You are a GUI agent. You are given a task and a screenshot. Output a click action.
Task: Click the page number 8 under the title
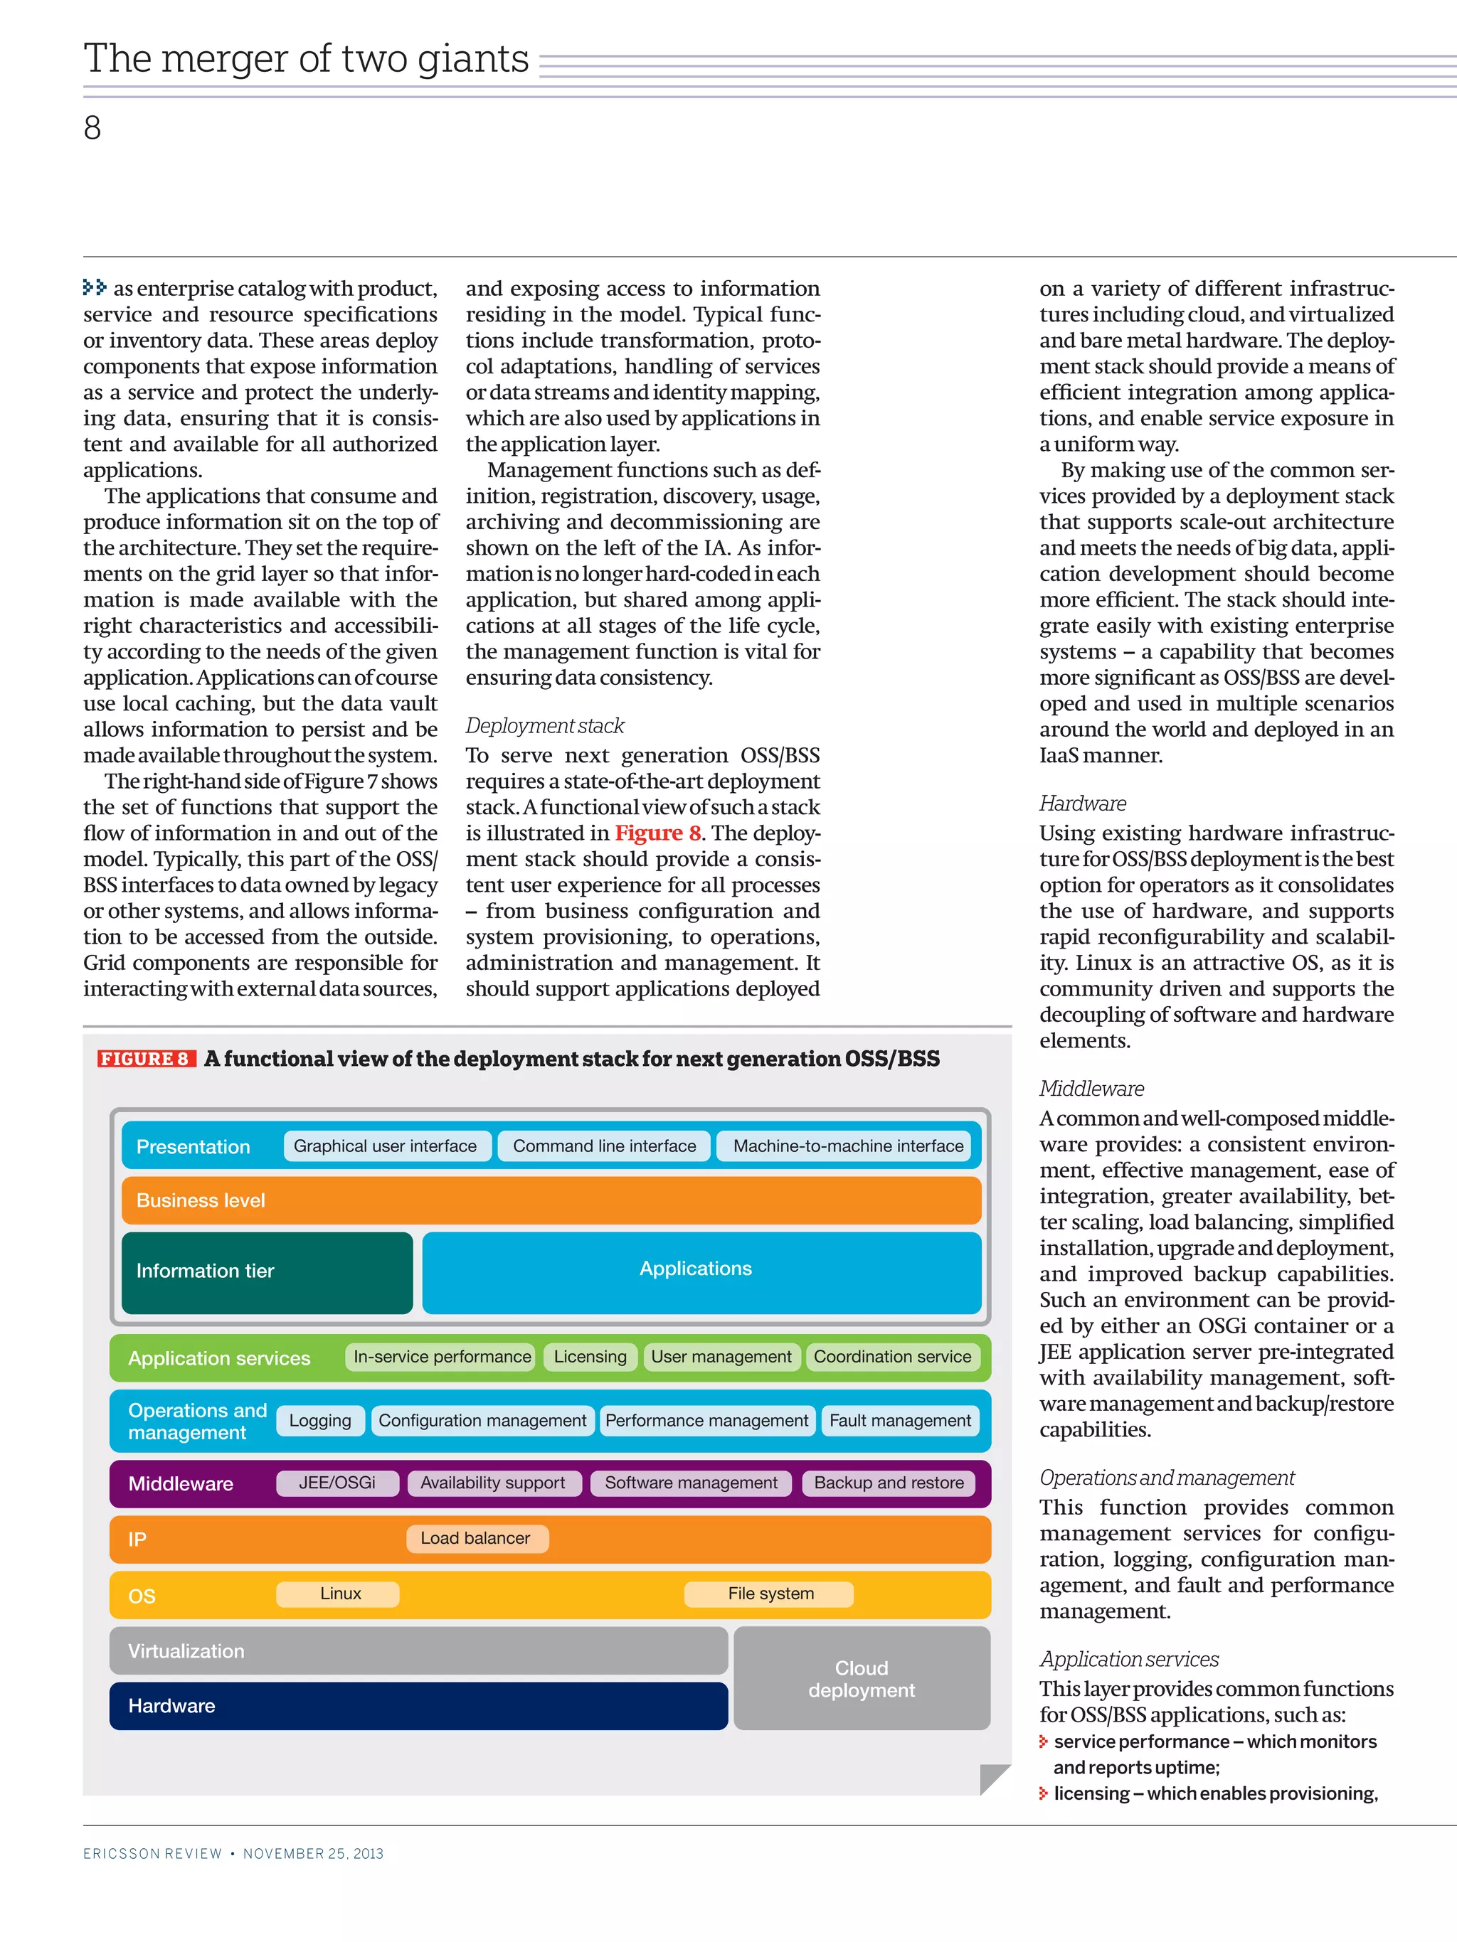pyautogui.click(x=92, y=128)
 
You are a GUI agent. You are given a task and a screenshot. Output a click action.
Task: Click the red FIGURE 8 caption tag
pyautogui.click(x=146, y=1059)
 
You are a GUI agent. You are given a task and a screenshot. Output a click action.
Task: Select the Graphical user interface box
pyautogui.click(x=386, y=1146)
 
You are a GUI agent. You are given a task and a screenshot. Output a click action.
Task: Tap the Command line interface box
pyautogui.click(x=604, y=1146)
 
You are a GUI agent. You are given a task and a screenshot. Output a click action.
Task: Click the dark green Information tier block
pyautogui.click(x=267, y=1272)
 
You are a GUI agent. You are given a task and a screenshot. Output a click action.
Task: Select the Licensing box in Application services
pyautogui.click(x=590, y=1357)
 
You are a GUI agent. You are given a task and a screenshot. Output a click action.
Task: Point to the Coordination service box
pyautogui.click(x=892, y=1357)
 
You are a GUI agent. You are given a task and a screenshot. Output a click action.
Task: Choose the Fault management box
pyautogui.click(x=900, y=1421)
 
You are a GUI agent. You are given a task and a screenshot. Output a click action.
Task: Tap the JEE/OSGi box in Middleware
pyautogui.click(x=337, y=1483)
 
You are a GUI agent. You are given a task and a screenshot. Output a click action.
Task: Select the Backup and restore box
pyautogui.click(x=889, y=1483)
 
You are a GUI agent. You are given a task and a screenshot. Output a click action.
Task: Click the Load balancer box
pyautogui.click(x=477, y=1538)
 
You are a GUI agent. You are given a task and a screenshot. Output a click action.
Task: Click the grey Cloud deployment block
pyautogui.click(x=862, y=1679)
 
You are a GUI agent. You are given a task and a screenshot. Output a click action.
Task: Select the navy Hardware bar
pyautogui.click(x=418, y=1706)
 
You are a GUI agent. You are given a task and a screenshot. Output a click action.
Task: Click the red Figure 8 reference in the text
pyautogui.click(x=657, y=833)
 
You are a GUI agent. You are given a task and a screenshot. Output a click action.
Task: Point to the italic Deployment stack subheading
pyautogui.click(x=544, y=726)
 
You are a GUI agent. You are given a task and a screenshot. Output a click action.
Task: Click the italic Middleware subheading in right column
pyautogui.click(x=1091, y=1089)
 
